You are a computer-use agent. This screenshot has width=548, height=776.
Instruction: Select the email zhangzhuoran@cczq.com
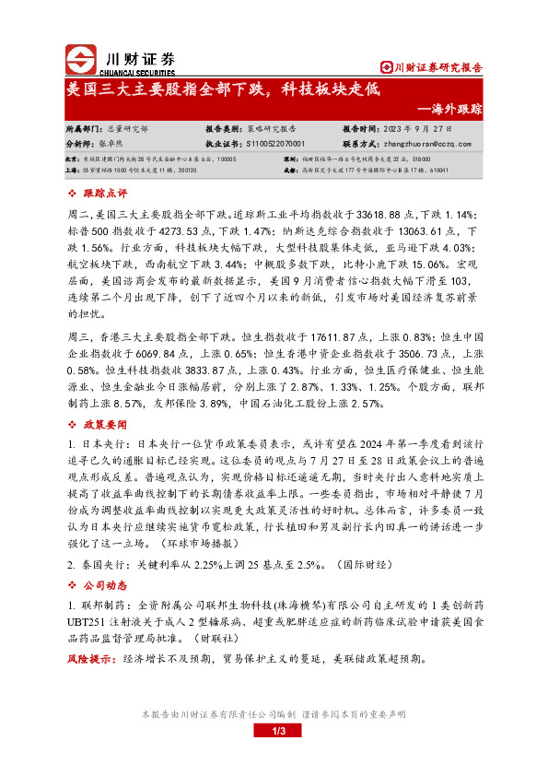(432, 144)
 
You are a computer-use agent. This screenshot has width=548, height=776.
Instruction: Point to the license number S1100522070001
(284, 144)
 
